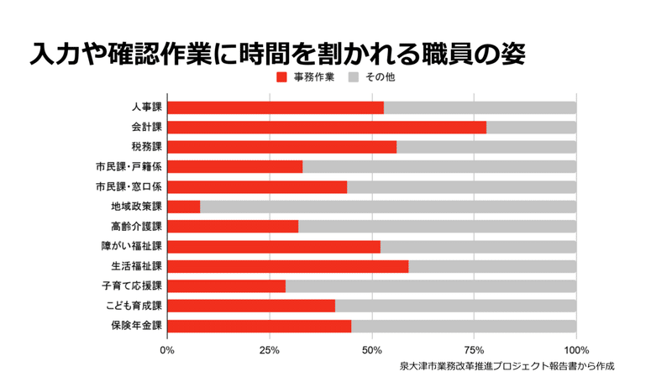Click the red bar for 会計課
pos(327,128)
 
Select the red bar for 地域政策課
pos(184,207)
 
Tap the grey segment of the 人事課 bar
pos(480,107)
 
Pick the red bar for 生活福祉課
pos(288,266)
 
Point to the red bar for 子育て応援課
pos(227,286)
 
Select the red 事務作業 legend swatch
pos(281,77)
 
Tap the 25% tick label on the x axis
pos(270,349)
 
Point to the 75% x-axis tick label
pos(474,349)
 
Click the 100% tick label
pos(576,349)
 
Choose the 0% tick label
pos(168,349)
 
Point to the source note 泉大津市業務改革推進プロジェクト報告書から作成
pos(507,366)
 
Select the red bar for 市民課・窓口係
pos(257,187)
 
